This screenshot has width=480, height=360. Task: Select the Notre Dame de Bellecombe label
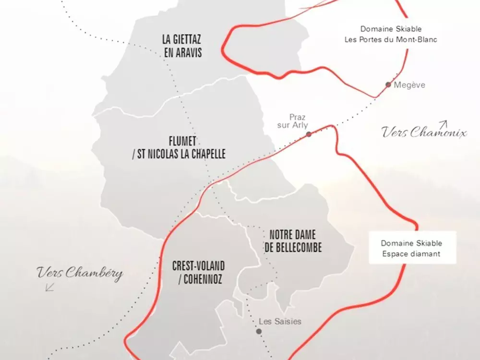[293, 241]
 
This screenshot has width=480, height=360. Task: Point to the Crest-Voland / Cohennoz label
[198, 273]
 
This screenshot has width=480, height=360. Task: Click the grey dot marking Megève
[388, 84]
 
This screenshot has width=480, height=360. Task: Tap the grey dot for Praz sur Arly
[309, 134]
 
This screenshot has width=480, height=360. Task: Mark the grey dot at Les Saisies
[259, 331]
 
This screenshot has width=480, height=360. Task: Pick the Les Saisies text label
[280, 321]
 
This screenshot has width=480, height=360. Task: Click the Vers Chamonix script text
[424, 132]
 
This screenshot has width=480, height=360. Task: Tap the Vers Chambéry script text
[80, 274]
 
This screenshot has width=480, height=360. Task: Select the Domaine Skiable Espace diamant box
[411, 249]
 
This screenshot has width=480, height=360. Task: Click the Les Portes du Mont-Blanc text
[391, 40]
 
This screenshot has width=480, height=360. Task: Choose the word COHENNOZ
[204, 279]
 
